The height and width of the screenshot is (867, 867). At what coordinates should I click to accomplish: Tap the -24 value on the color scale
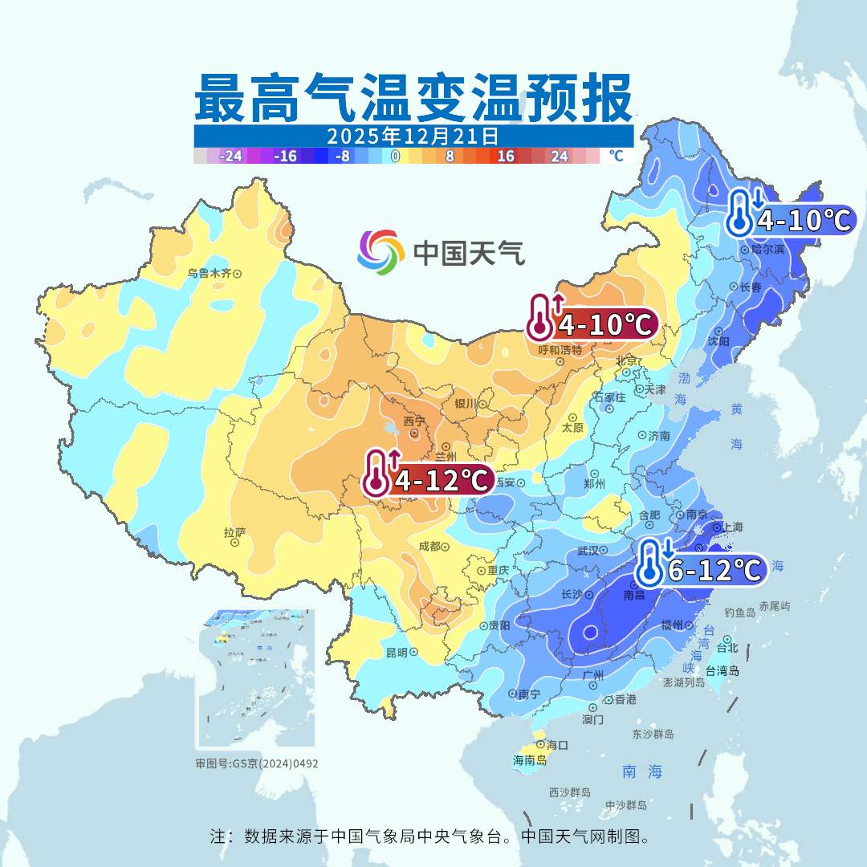point(231,157)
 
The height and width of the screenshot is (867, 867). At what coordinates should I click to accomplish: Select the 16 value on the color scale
point(506,157)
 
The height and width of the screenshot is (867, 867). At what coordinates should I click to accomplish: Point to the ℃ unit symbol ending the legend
point(616,156)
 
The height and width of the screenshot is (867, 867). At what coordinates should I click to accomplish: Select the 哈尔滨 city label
point(767,250)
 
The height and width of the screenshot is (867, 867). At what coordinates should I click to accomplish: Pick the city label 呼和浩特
point(560,350)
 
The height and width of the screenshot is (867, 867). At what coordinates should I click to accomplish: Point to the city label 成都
point(429,546)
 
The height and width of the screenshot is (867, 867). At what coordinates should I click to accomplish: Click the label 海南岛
point(529,759)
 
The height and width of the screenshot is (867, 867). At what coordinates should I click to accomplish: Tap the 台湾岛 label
point(722,670)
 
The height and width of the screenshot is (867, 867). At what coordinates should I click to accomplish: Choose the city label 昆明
point(397,652)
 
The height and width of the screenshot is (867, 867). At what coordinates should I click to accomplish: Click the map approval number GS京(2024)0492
point(257,763)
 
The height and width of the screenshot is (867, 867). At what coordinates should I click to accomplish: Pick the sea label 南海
point(643,771)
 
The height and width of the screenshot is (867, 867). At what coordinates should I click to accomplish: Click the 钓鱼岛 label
point(739,613)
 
